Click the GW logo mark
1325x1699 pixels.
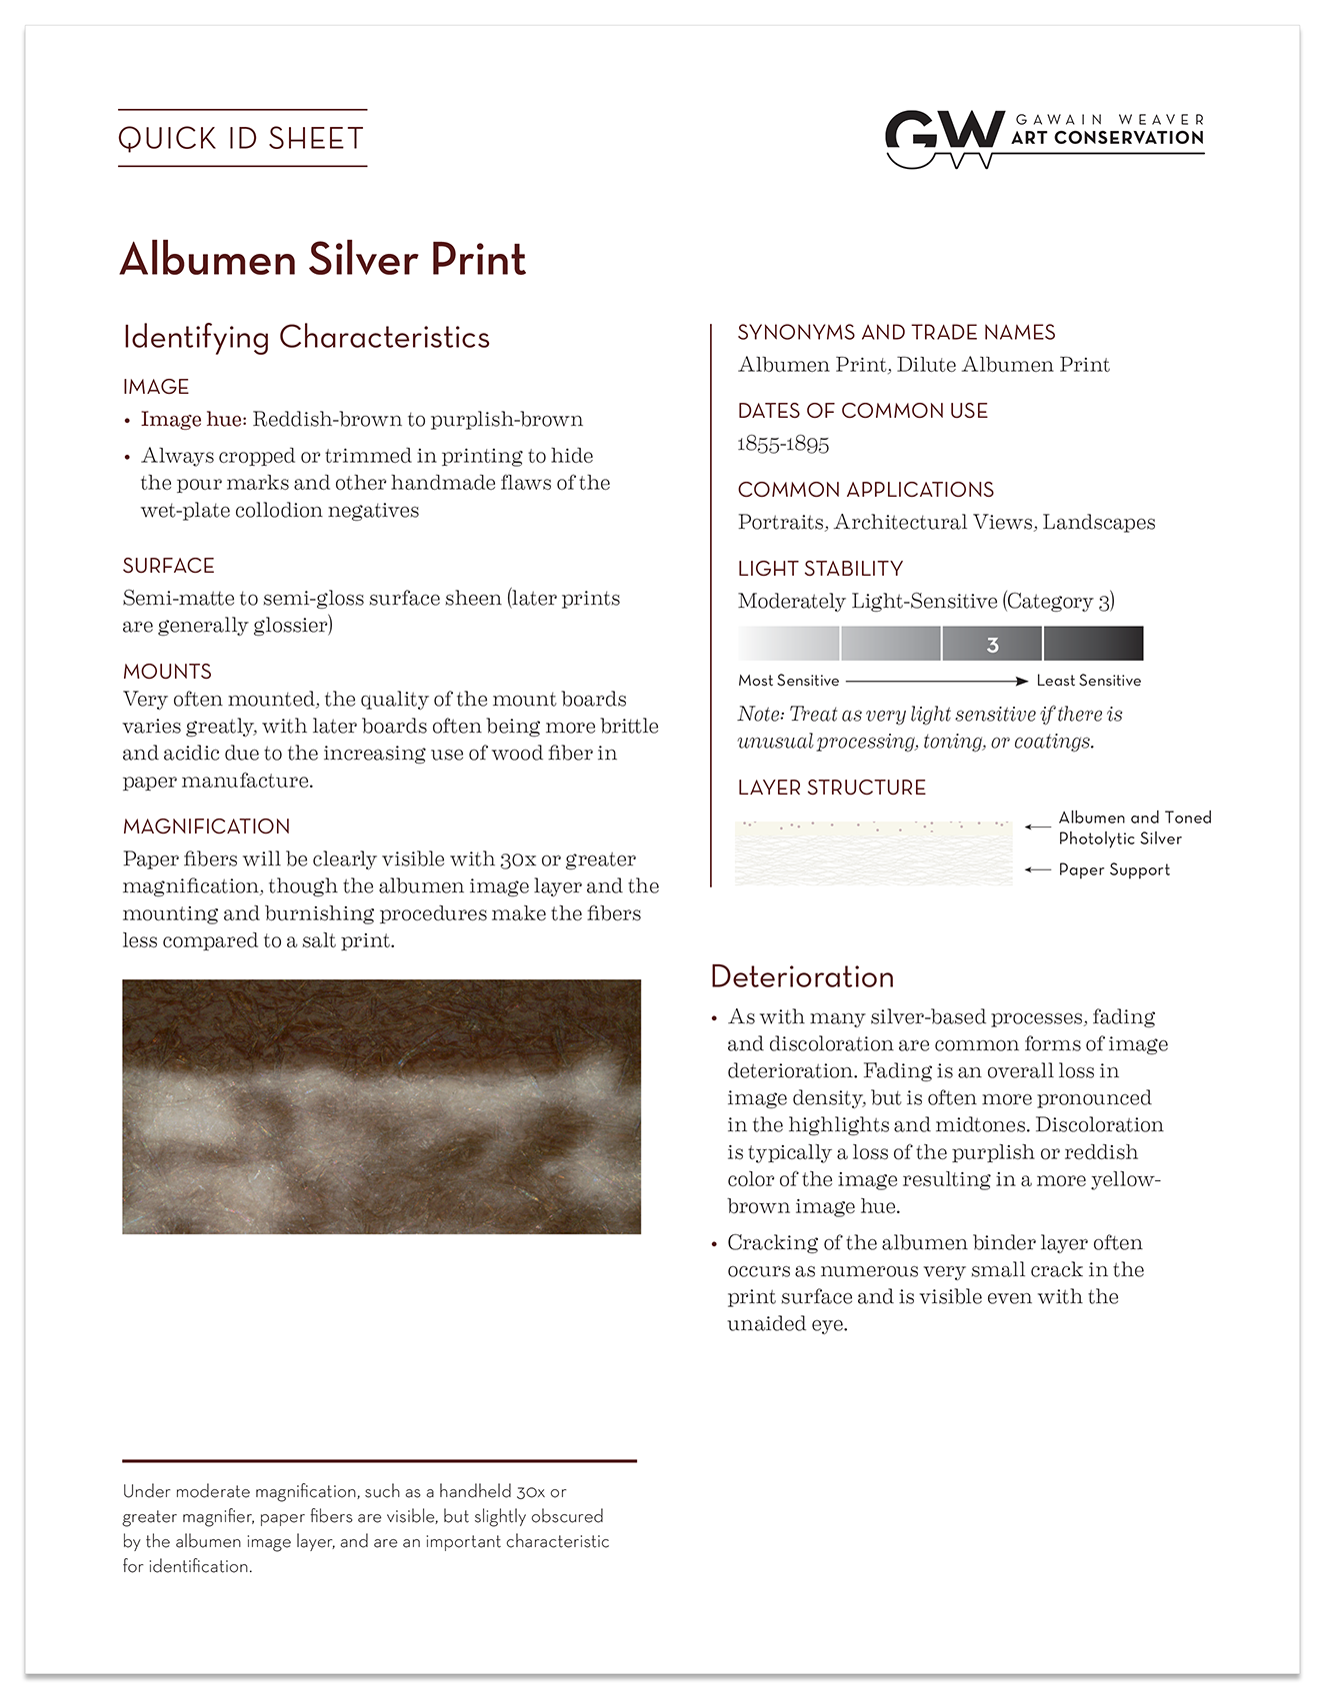point(944,138)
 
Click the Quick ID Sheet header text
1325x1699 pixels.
point(241,138)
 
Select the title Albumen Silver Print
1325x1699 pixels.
point(322,260)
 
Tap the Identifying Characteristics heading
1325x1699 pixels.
point(306,338)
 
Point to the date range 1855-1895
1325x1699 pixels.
point(783,444)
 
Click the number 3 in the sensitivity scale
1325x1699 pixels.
point(992,645)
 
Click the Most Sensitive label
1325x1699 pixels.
point(788,681)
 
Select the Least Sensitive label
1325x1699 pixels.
point(1088,681)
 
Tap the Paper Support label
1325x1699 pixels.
point(1114,869)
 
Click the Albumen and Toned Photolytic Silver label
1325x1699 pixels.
point(1134,828)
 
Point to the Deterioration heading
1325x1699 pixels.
point(802,976)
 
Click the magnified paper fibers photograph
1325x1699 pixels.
point(381,1106)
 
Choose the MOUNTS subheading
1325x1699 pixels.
point(167,672)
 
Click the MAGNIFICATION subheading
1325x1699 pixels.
point(206,827)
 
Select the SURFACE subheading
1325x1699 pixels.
point(168,566)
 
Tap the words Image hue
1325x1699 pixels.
point(193,420)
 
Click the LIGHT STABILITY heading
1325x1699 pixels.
point(820,569)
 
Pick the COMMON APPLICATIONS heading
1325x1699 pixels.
point(865,490)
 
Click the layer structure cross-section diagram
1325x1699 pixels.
point(873,853)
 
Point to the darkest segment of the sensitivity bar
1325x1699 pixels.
point(1093,644)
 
